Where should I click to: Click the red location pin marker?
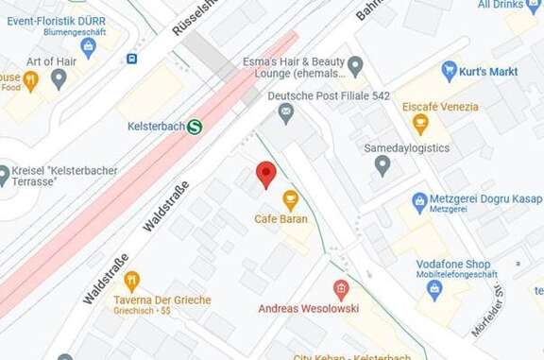(266, 174)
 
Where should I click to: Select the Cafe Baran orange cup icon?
(290, 198)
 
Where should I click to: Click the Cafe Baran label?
(281, 219)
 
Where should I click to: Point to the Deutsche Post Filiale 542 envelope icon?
(285, 114)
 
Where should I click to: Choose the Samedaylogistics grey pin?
(382, 166)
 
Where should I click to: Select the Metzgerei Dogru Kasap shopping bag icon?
(420, 199)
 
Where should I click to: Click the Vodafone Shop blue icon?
(435, 288)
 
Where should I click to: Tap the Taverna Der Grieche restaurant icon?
(131, 281)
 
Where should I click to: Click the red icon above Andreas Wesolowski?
(341, 288)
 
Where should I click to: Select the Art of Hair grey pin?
(59, 79)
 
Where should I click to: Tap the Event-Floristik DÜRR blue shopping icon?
(90, 47)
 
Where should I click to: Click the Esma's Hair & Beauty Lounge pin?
(355, 65)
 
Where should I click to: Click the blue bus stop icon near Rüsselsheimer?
(132, 59)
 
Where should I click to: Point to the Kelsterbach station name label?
(156, 126)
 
